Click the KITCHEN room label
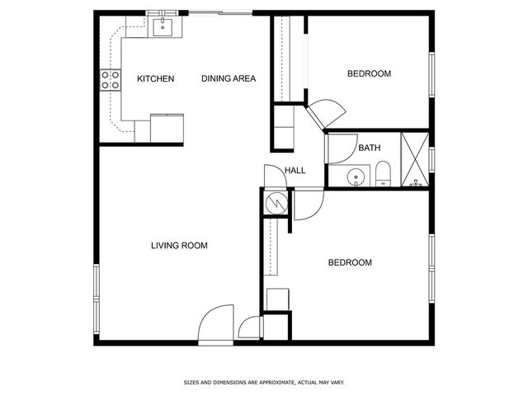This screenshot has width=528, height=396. [156, 79]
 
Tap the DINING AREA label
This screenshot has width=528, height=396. [229, 79]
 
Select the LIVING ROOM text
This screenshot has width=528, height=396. [179, 246]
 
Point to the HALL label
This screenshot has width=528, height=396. [295, 171]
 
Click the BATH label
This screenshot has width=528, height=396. [370, 148]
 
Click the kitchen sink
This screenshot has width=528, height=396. [163, 27]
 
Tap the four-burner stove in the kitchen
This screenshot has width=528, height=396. [111, 80]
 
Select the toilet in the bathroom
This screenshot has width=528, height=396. [383, 174]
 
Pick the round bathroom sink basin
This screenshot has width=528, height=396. [356, 177]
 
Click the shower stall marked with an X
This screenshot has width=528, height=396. [415, 159]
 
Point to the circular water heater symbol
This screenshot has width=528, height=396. [276, 203]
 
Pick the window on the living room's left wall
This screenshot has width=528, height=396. [97, 299]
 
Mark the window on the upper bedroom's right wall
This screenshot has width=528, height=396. [431, 74]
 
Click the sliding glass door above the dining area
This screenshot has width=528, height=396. [220, 13]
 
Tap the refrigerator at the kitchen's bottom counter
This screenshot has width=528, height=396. [167, 129]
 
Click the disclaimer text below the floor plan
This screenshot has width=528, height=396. [264, 383]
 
